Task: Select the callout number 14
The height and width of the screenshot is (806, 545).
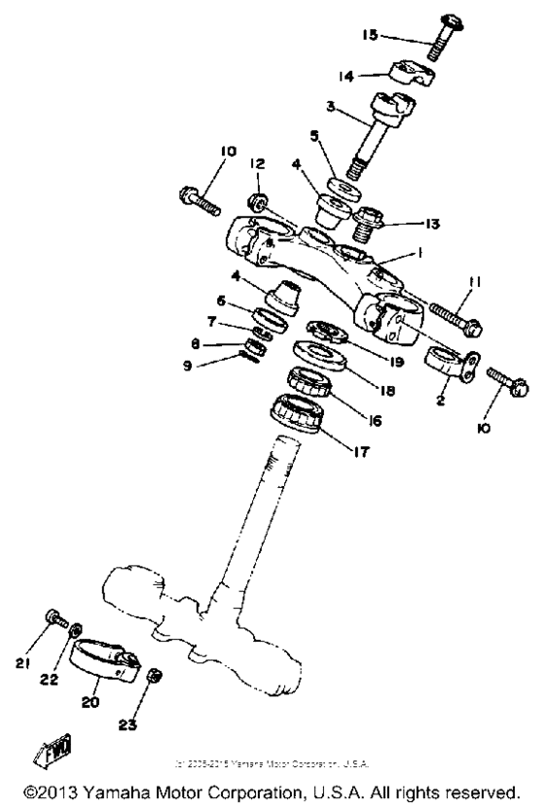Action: [373, 75]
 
